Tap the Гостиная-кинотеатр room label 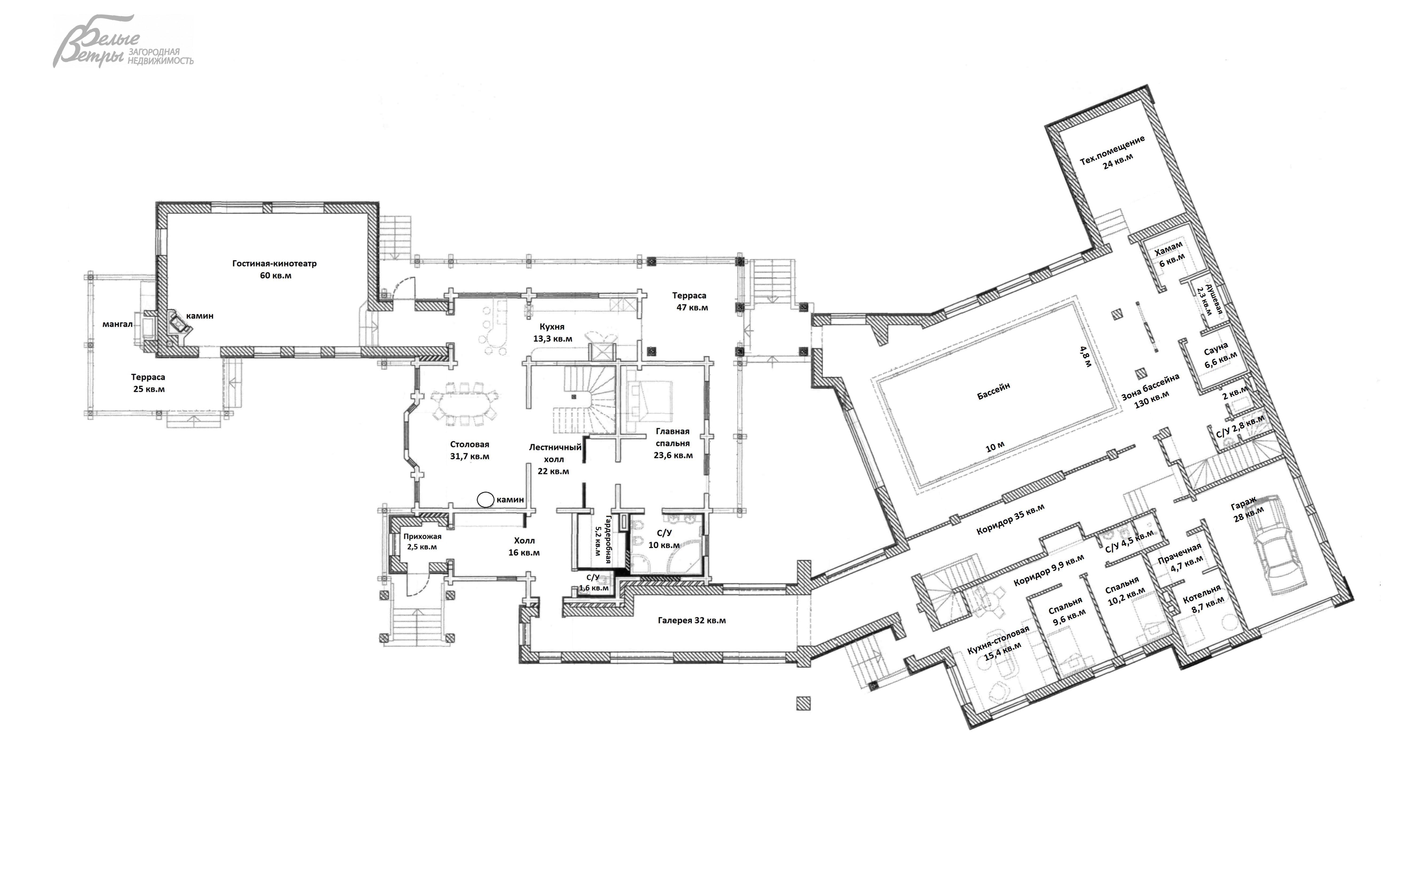(x=274, y=269)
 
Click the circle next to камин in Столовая (x=485, y=500)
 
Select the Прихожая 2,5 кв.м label (x=422, y=542)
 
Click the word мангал (x=117, y=324)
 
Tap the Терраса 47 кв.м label (x=690, y=301)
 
